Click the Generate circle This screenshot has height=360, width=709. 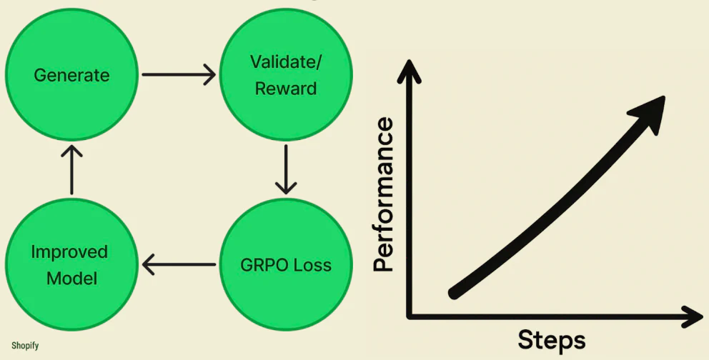point(71,74)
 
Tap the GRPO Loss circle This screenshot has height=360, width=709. point(286,265)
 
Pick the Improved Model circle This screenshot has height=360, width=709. point(71,265)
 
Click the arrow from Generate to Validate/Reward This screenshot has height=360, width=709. point(179,74)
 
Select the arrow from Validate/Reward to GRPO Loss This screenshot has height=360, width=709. point(286,169)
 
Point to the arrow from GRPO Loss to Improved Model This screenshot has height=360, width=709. point(179,265)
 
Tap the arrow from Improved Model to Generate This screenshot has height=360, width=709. point(71,169)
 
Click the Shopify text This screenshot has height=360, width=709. point(24,346)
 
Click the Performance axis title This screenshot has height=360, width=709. point(384,195)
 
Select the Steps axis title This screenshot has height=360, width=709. point(551,339)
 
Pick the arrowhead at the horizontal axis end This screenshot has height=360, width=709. point(694,315)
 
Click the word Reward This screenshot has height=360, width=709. point(286,89)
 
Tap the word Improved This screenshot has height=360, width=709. point(69,252)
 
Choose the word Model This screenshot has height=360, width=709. point(71,278)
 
